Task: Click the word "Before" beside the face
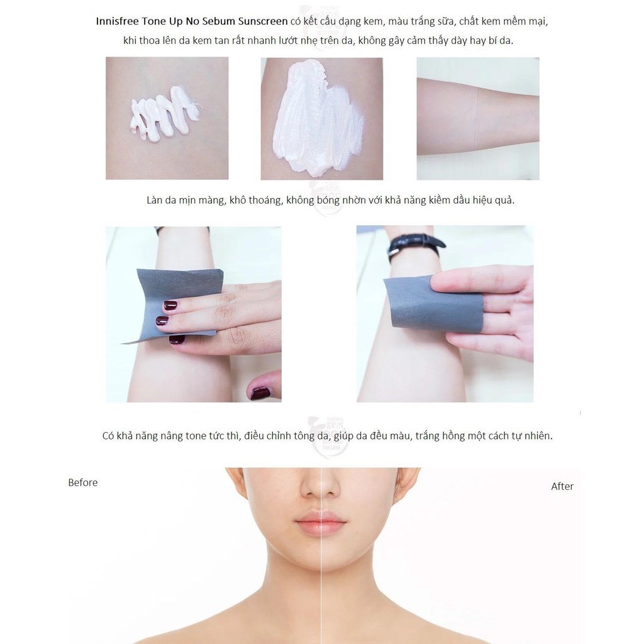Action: coord(83,483)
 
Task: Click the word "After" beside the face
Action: coord(562,487)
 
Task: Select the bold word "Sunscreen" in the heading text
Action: coord(262,21)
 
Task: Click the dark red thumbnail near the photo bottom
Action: coord(260,393)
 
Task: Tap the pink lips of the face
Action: coord(321,523)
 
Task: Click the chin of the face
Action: coord(321,560)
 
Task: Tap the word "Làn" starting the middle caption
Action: coord(155,201)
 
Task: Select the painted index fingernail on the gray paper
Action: coord(170,306)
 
